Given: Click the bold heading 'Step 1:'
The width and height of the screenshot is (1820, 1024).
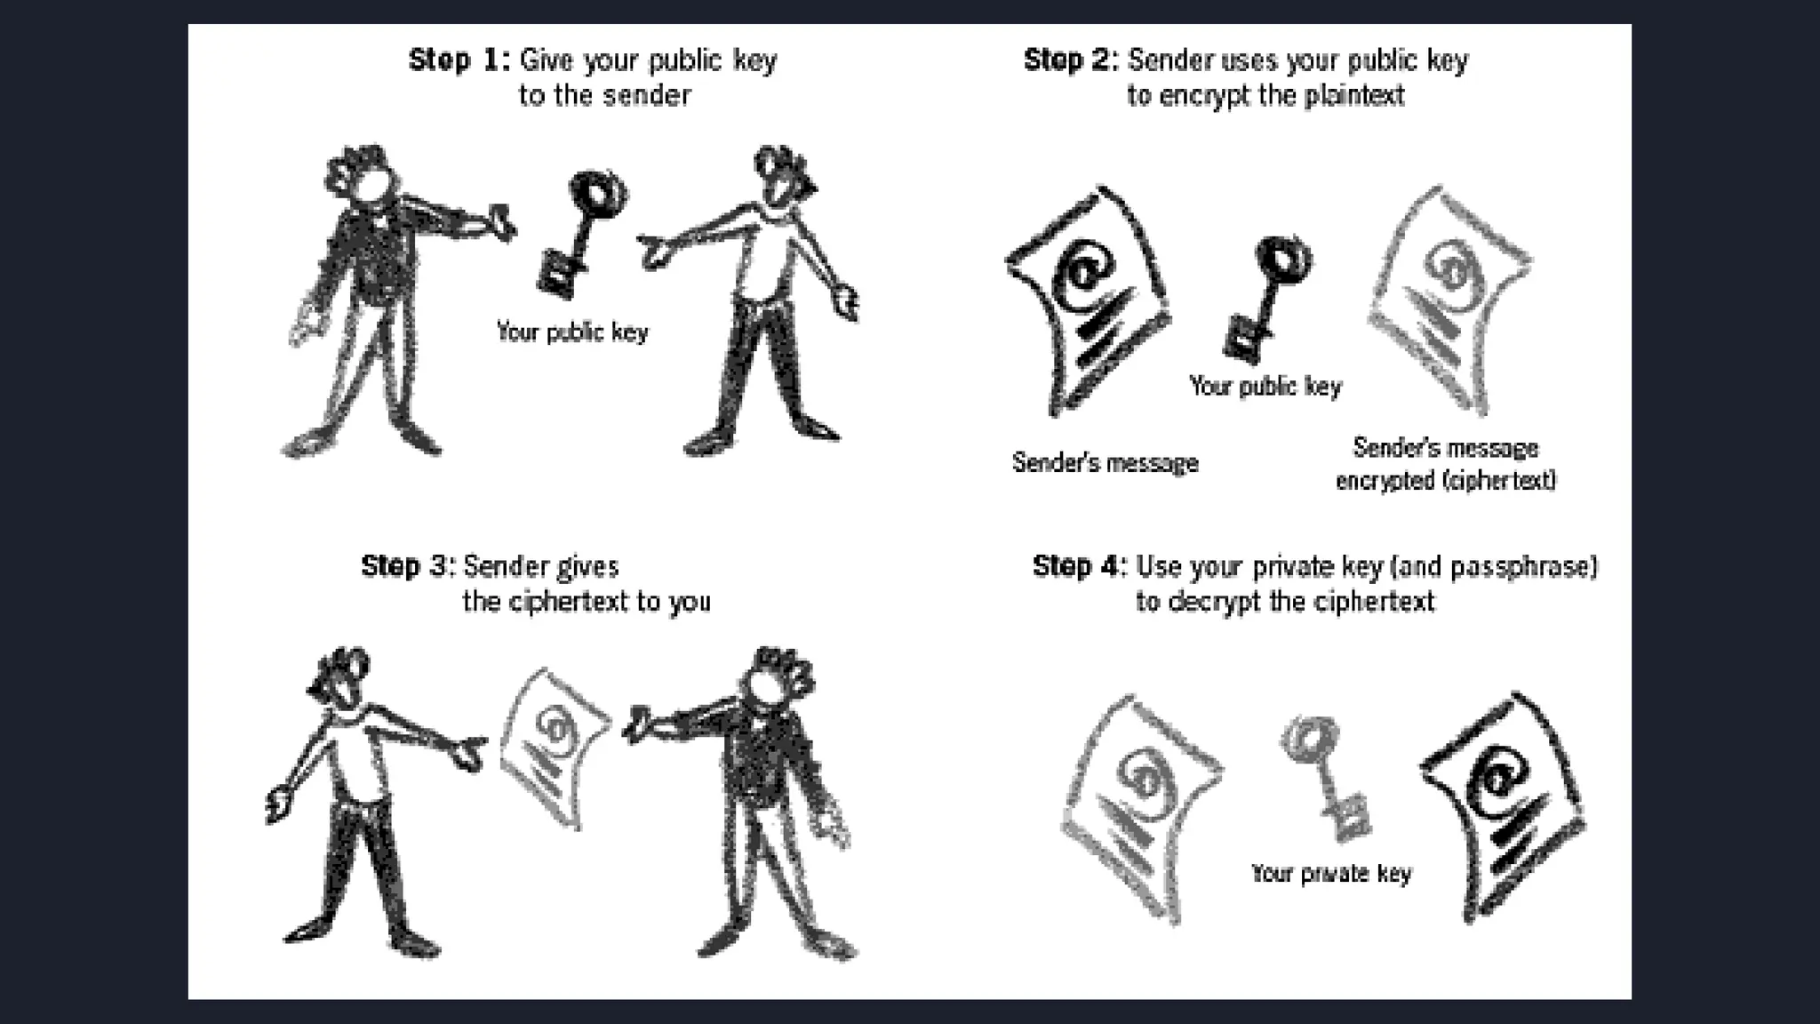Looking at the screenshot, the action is click(459, 60).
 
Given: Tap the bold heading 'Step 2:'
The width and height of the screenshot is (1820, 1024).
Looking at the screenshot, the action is click(1071, 60).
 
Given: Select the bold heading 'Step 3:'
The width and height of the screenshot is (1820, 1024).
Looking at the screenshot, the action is click(408, 566).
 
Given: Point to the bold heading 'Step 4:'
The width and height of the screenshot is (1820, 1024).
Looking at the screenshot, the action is click(1079, 566).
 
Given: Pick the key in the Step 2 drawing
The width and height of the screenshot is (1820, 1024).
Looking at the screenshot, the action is click(1266, 293).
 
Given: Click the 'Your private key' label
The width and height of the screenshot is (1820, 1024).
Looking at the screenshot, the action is click(1330, 874).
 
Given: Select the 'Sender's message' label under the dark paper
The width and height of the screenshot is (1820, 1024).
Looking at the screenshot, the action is click(1105, 463).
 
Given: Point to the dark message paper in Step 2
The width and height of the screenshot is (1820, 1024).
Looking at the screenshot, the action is click(1090, 298).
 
